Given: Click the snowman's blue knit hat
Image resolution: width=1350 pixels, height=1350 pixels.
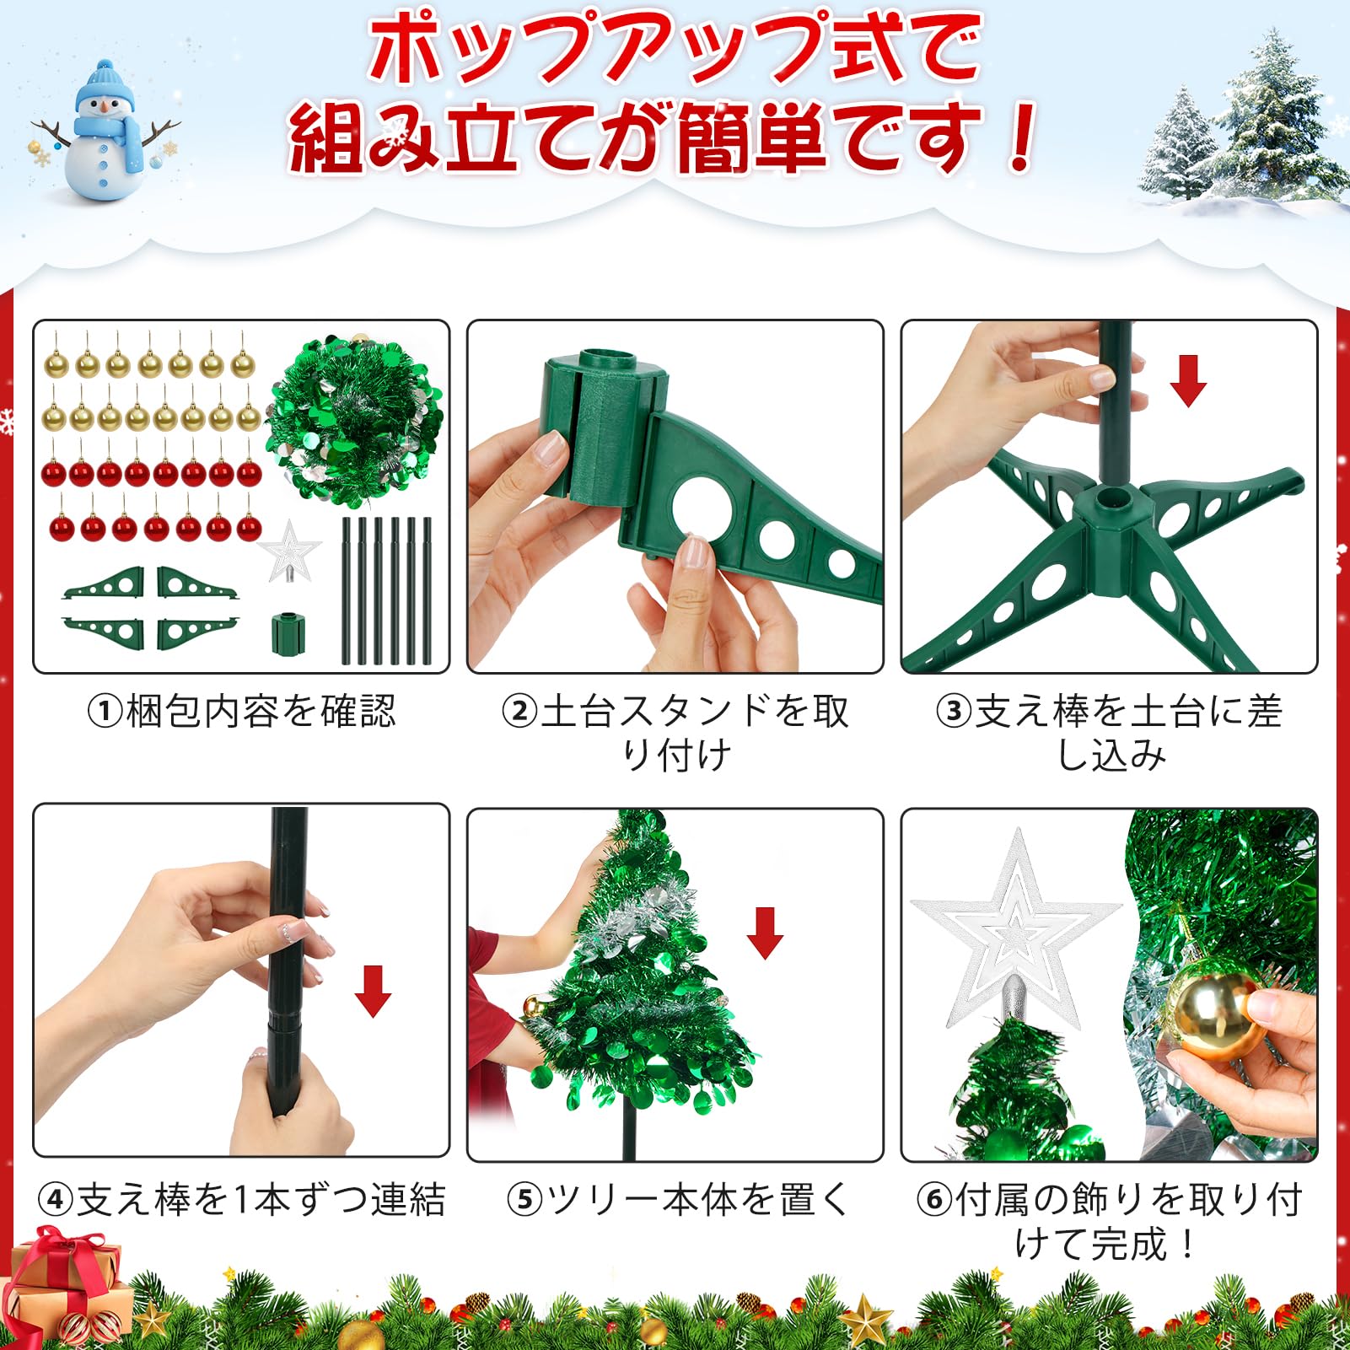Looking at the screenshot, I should click(x=104, y=84).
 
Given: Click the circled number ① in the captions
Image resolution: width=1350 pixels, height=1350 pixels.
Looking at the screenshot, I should click(x=105, y=711).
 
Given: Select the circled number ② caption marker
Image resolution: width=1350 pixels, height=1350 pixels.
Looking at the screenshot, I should click(x=519, y=711).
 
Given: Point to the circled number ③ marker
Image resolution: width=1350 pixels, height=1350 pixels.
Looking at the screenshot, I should click(x=954, y=711).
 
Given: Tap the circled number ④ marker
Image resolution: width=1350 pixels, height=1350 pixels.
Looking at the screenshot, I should click(x=56, y=1199).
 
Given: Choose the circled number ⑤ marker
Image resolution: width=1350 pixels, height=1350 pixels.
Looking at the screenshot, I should click(x=524, y=1199).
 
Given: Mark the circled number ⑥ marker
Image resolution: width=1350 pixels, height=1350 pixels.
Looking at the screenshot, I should click(x=934, y=1199).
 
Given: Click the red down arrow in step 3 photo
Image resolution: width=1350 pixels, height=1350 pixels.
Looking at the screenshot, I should click(x=1188, y=380).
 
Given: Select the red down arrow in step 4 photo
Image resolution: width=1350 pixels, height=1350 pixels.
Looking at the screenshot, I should click(x=373, y=992).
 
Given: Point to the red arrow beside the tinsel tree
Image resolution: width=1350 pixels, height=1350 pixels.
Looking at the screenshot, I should click(x=765, y=933).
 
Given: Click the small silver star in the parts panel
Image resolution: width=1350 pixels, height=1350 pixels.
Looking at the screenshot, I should click(x=289, y=551).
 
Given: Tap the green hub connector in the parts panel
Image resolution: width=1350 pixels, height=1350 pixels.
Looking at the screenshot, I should click(x=288, y=634).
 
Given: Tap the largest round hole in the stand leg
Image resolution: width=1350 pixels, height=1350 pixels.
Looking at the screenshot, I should click(x=702, y=509).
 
